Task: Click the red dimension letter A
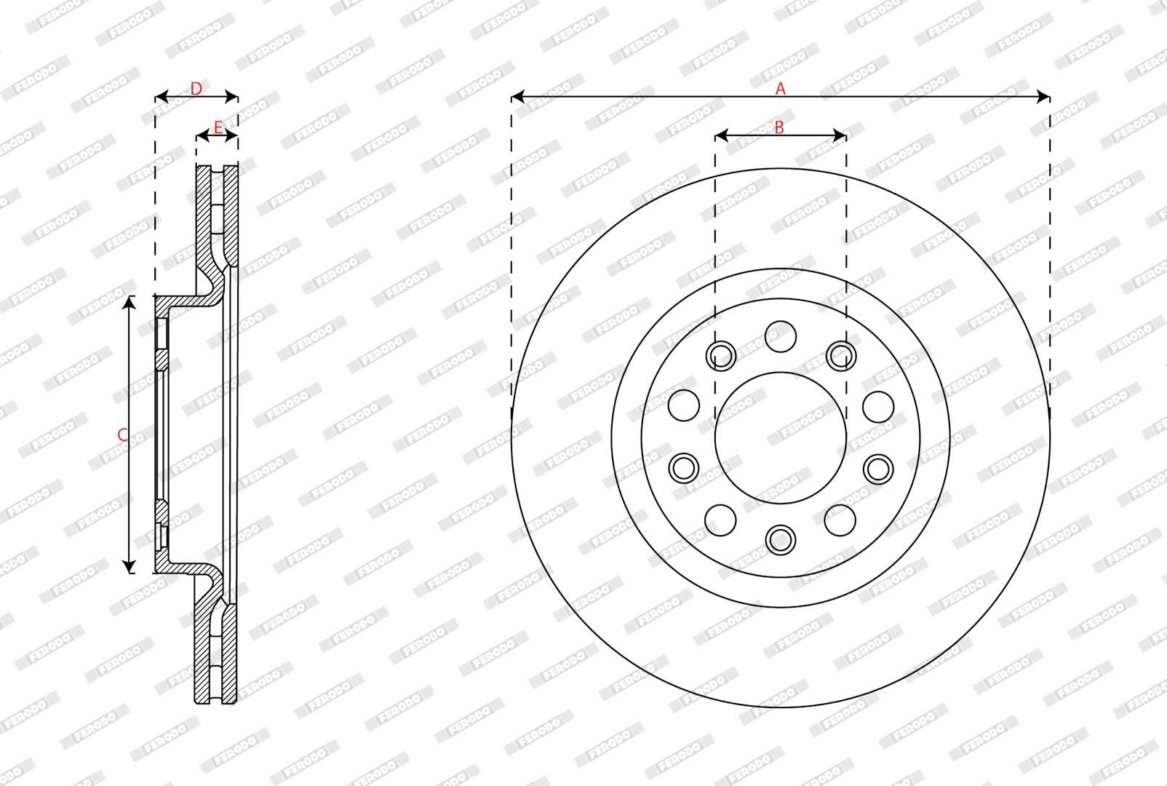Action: point(781,89)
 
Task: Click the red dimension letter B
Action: point(778,127)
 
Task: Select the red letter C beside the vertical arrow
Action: point(122,435)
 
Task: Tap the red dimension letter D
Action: point(196,89)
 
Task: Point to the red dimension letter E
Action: point(217,128)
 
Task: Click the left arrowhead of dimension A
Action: point(517,96)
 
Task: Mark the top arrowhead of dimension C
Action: point(129,301)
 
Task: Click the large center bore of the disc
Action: point(781,437)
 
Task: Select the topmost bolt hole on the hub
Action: point(781,336)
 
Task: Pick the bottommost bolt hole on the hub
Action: point(781,539)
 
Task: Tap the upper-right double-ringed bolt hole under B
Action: point(841,356)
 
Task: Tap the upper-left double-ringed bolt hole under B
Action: point(721,356)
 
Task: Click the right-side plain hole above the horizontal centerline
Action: point(878,406)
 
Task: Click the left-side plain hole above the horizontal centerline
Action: point(683,405)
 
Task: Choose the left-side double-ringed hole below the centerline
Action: point(684,468)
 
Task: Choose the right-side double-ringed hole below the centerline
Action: point(878,468)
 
